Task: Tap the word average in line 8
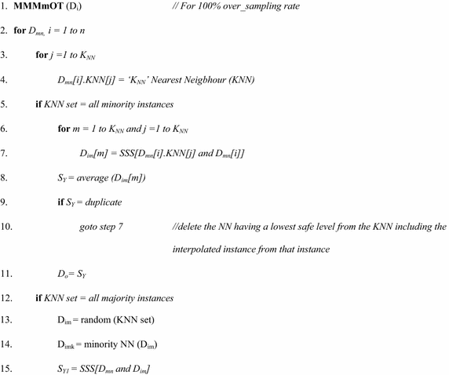88,178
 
